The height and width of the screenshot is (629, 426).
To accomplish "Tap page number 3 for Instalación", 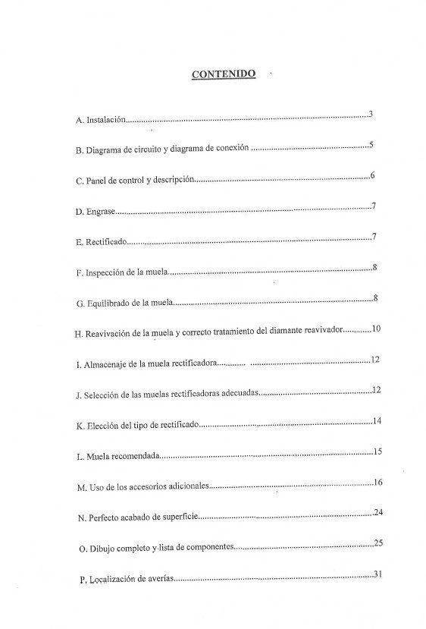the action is tap(371, 115).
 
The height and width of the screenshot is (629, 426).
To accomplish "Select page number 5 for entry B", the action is tap(371, 145).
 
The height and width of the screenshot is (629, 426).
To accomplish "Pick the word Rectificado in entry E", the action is tap(105, 243).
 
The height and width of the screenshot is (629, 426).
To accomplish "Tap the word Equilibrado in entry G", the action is tap(111, 303).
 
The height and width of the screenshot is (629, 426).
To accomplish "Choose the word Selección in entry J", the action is tap(105, 395).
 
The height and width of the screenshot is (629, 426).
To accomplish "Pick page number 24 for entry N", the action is tap(377, 513).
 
